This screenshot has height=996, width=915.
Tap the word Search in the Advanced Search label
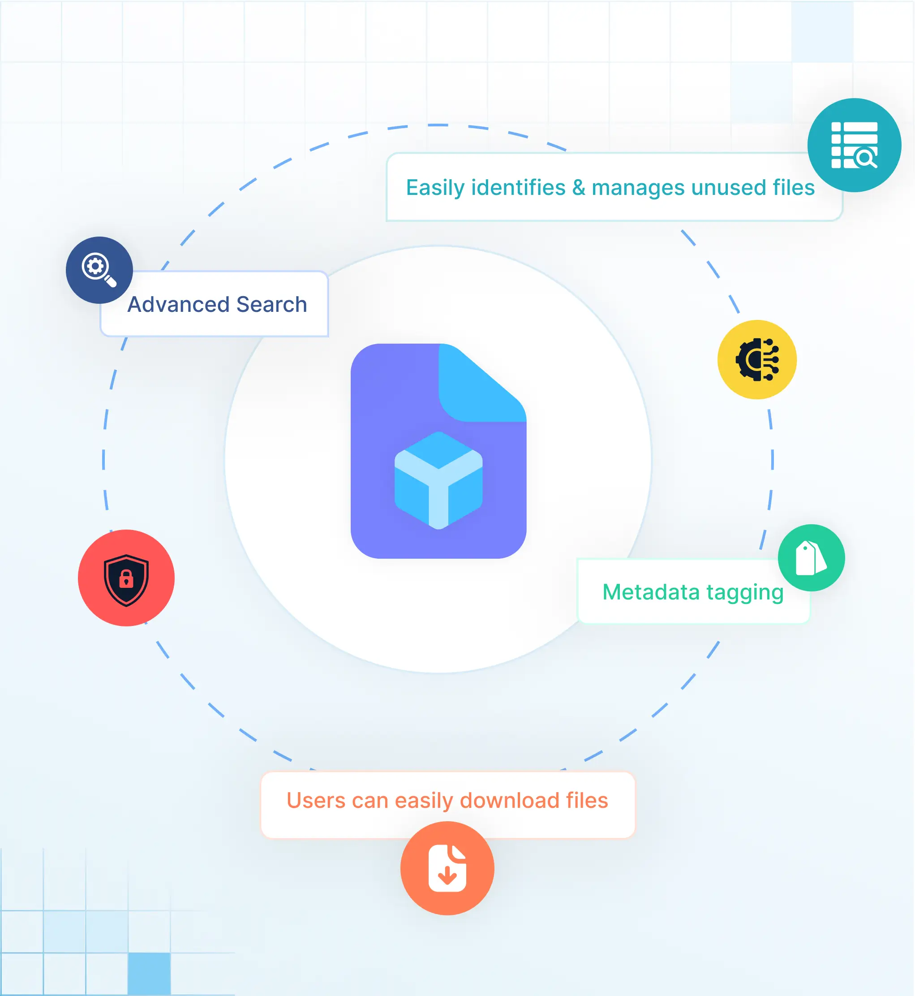[272, 304]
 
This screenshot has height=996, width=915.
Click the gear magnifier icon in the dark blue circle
[99, 270]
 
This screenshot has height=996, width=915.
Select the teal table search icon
[854, 145]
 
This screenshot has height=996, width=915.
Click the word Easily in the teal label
[435, 188]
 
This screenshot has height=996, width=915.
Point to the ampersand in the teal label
[578, 188]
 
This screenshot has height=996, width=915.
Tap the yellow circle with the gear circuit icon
[756, 360]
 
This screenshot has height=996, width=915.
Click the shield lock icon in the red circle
[126, 580]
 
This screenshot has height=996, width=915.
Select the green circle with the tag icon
[811, 558]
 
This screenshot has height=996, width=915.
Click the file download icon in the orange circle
[447, 868]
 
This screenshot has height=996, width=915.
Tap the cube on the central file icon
[438, 480]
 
